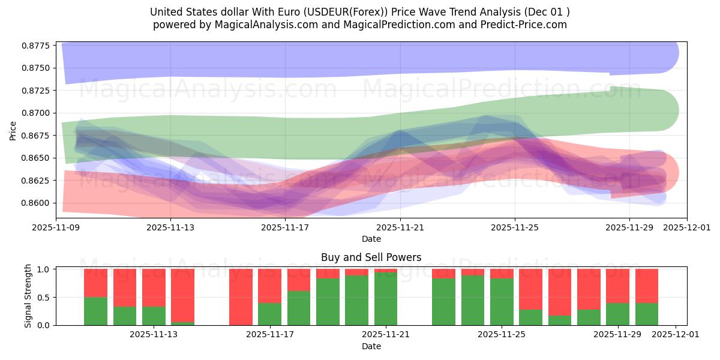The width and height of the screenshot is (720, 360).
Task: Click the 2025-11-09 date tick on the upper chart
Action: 56,228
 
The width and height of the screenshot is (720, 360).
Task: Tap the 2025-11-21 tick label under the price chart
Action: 400,228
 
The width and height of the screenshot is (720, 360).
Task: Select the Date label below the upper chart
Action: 371,239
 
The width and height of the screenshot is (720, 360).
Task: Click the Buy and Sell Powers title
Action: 371,257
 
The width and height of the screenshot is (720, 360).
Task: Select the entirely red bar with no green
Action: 241,297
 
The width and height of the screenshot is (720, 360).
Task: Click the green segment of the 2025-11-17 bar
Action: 269,314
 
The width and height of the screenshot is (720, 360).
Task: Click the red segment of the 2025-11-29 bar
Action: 617,286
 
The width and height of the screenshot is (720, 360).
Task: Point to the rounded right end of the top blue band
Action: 669,52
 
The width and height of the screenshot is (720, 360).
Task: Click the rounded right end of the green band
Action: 669,110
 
